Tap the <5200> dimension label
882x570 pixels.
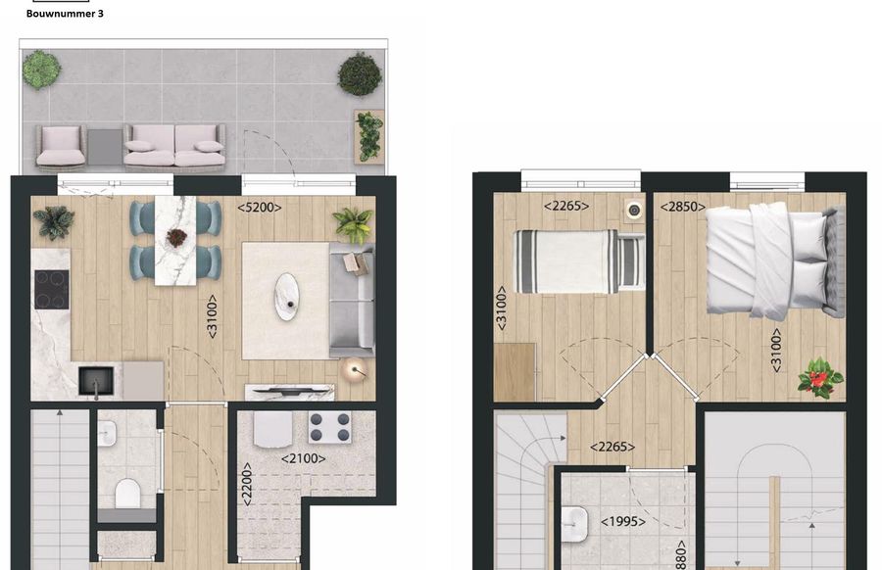[260, 207]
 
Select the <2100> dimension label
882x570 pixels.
[304, 457]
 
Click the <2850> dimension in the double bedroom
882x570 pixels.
[680, 207]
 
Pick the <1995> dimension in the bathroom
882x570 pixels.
[623, 522]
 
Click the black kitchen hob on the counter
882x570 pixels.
[51, 288]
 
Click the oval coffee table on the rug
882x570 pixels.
[287, 296]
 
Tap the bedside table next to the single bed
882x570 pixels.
[634, 210]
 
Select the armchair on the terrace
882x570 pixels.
[61, 145]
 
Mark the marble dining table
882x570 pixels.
[176, 239]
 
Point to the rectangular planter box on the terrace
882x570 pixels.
[368, 136]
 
